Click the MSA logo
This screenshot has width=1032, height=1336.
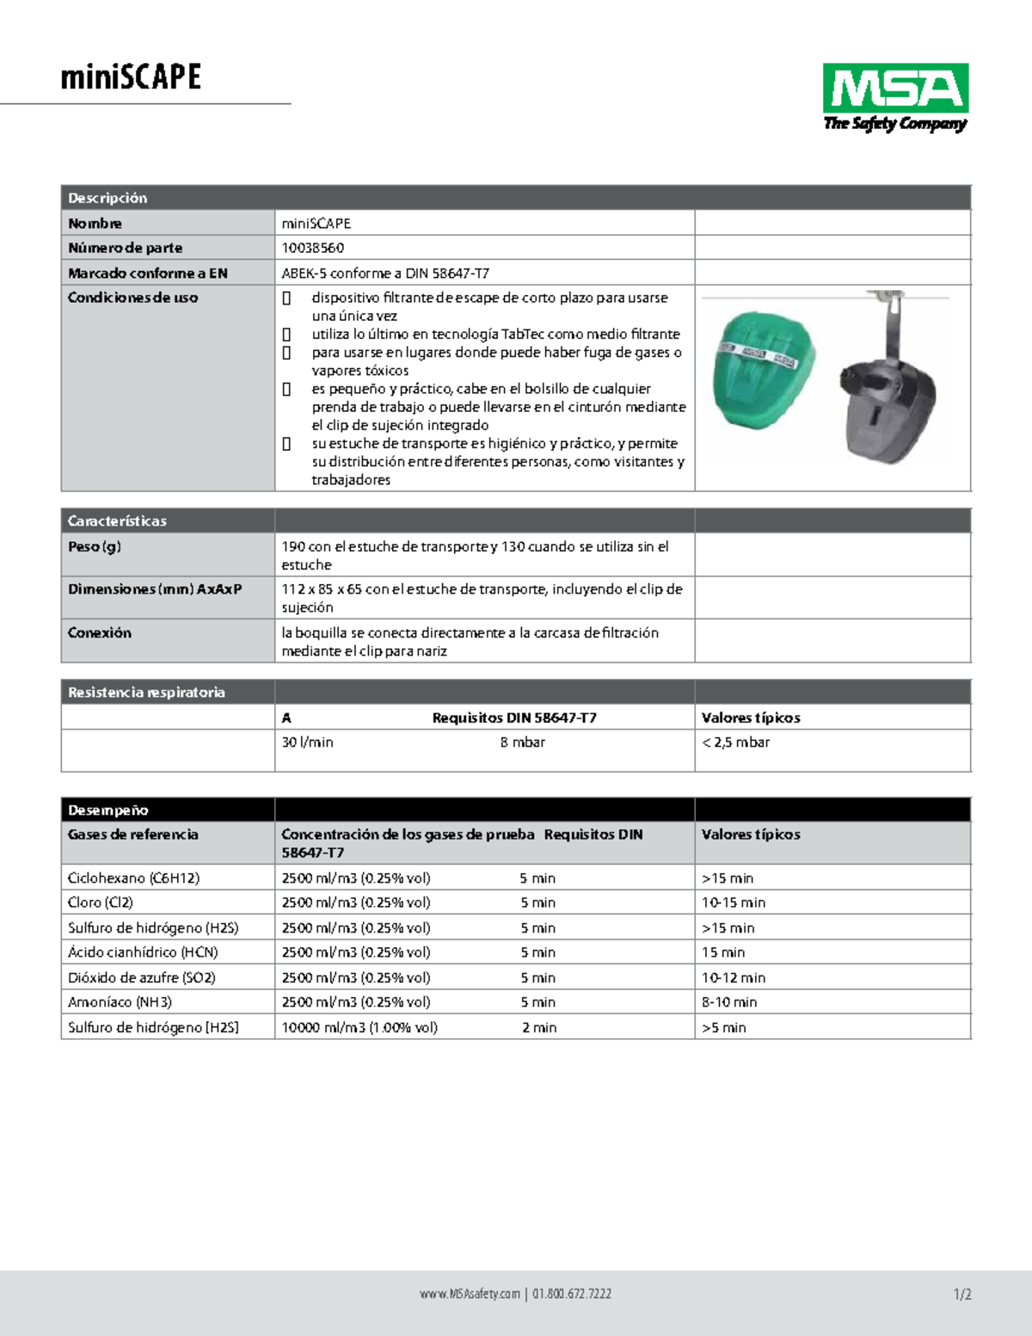click(x=895, y=96)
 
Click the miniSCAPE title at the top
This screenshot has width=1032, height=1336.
click(x=131, y=77)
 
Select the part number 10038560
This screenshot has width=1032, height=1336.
click(x=313, y=248)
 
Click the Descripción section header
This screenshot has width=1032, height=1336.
click(x=107, y=198)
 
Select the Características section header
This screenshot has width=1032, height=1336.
click(x=117, y=520)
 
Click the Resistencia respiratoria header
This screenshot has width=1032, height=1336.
click(x=146, y=692)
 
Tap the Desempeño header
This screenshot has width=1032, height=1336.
click(x=107, y=810)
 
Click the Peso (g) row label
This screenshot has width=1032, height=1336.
click(x=95, y=546)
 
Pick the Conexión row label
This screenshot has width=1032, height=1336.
click(x=100, y=632)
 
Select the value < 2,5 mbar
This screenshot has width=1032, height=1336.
click(x=735, y=742)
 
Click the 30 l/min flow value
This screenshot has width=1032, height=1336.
click(x=307, y=742)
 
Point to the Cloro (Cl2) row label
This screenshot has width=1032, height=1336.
click(x=101, y=902)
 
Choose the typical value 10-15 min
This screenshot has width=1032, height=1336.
click(x=733, y=902)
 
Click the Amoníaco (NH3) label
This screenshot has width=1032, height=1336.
click(x=120, y=1002)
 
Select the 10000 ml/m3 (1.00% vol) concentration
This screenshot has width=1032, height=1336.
click(x=359, y=1027)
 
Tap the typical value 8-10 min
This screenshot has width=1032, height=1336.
click(x=729, y=1002)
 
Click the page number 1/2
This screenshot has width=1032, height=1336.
click(x=962, y=1294)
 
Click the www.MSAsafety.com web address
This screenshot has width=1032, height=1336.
click(x=470, y=1294)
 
